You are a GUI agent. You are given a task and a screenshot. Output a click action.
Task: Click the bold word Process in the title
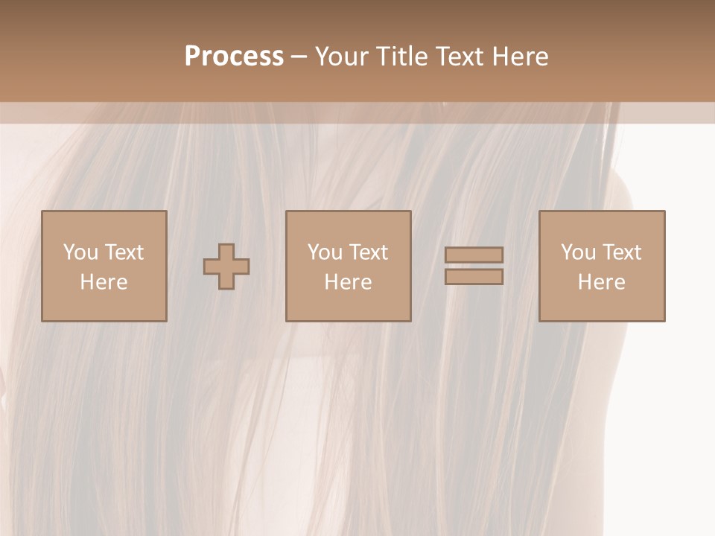[x=234, y=57]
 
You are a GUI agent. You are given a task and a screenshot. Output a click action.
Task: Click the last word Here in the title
[x=521, y=57]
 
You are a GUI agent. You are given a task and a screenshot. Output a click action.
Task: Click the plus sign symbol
[x=226, y=266]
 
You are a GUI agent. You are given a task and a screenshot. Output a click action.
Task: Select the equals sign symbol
[x=474, y=266]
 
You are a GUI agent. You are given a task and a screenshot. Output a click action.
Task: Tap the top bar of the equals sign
[x=474, y=255]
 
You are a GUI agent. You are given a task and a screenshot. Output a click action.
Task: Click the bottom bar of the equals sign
[x=474, y=277]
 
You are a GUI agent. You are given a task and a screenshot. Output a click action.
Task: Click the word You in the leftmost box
[x=80, y=252]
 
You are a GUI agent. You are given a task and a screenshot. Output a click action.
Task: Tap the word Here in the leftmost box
[x=104, y=282]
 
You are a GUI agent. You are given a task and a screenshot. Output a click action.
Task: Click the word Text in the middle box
[x=369, y=252]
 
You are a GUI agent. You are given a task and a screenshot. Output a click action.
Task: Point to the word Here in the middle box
[x=349, y=282]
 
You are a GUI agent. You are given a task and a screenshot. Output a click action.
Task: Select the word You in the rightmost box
[x=578, y=252]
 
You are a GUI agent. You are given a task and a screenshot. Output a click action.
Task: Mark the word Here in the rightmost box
[x=602, y=282]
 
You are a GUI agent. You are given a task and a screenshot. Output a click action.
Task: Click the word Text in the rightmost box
[x=622, y=252]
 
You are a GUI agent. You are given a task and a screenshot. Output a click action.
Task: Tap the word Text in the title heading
[x=458, y=57]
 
